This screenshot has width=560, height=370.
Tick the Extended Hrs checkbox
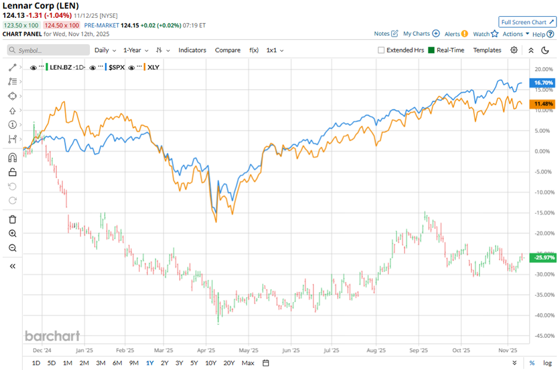381,50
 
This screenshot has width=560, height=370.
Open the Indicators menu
192,50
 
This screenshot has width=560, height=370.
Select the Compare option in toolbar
228,50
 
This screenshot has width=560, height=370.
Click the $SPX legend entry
115,67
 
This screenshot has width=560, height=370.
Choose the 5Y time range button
194,363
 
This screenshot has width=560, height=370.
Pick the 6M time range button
117,363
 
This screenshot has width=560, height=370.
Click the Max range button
248,363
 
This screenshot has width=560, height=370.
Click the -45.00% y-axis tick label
542,335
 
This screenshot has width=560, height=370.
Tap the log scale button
547,363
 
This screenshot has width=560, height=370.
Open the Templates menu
487,50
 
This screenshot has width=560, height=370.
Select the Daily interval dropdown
105,50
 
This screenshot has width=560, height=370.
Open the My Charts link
421,34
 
